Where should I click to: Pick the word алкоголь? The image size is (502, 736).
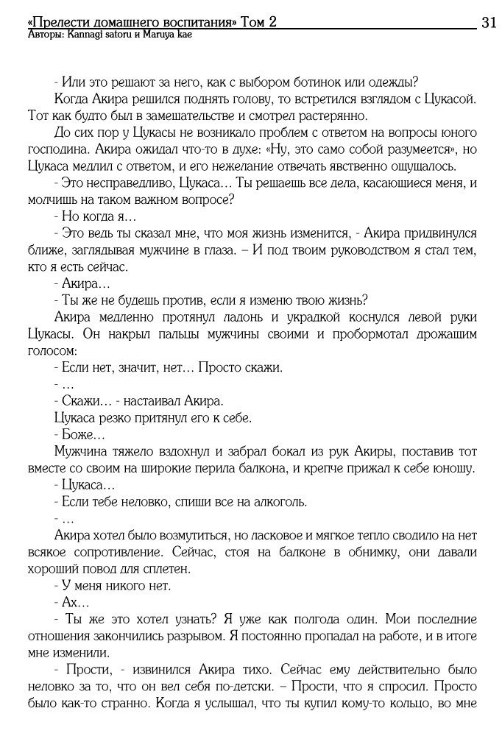[276, 503]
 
